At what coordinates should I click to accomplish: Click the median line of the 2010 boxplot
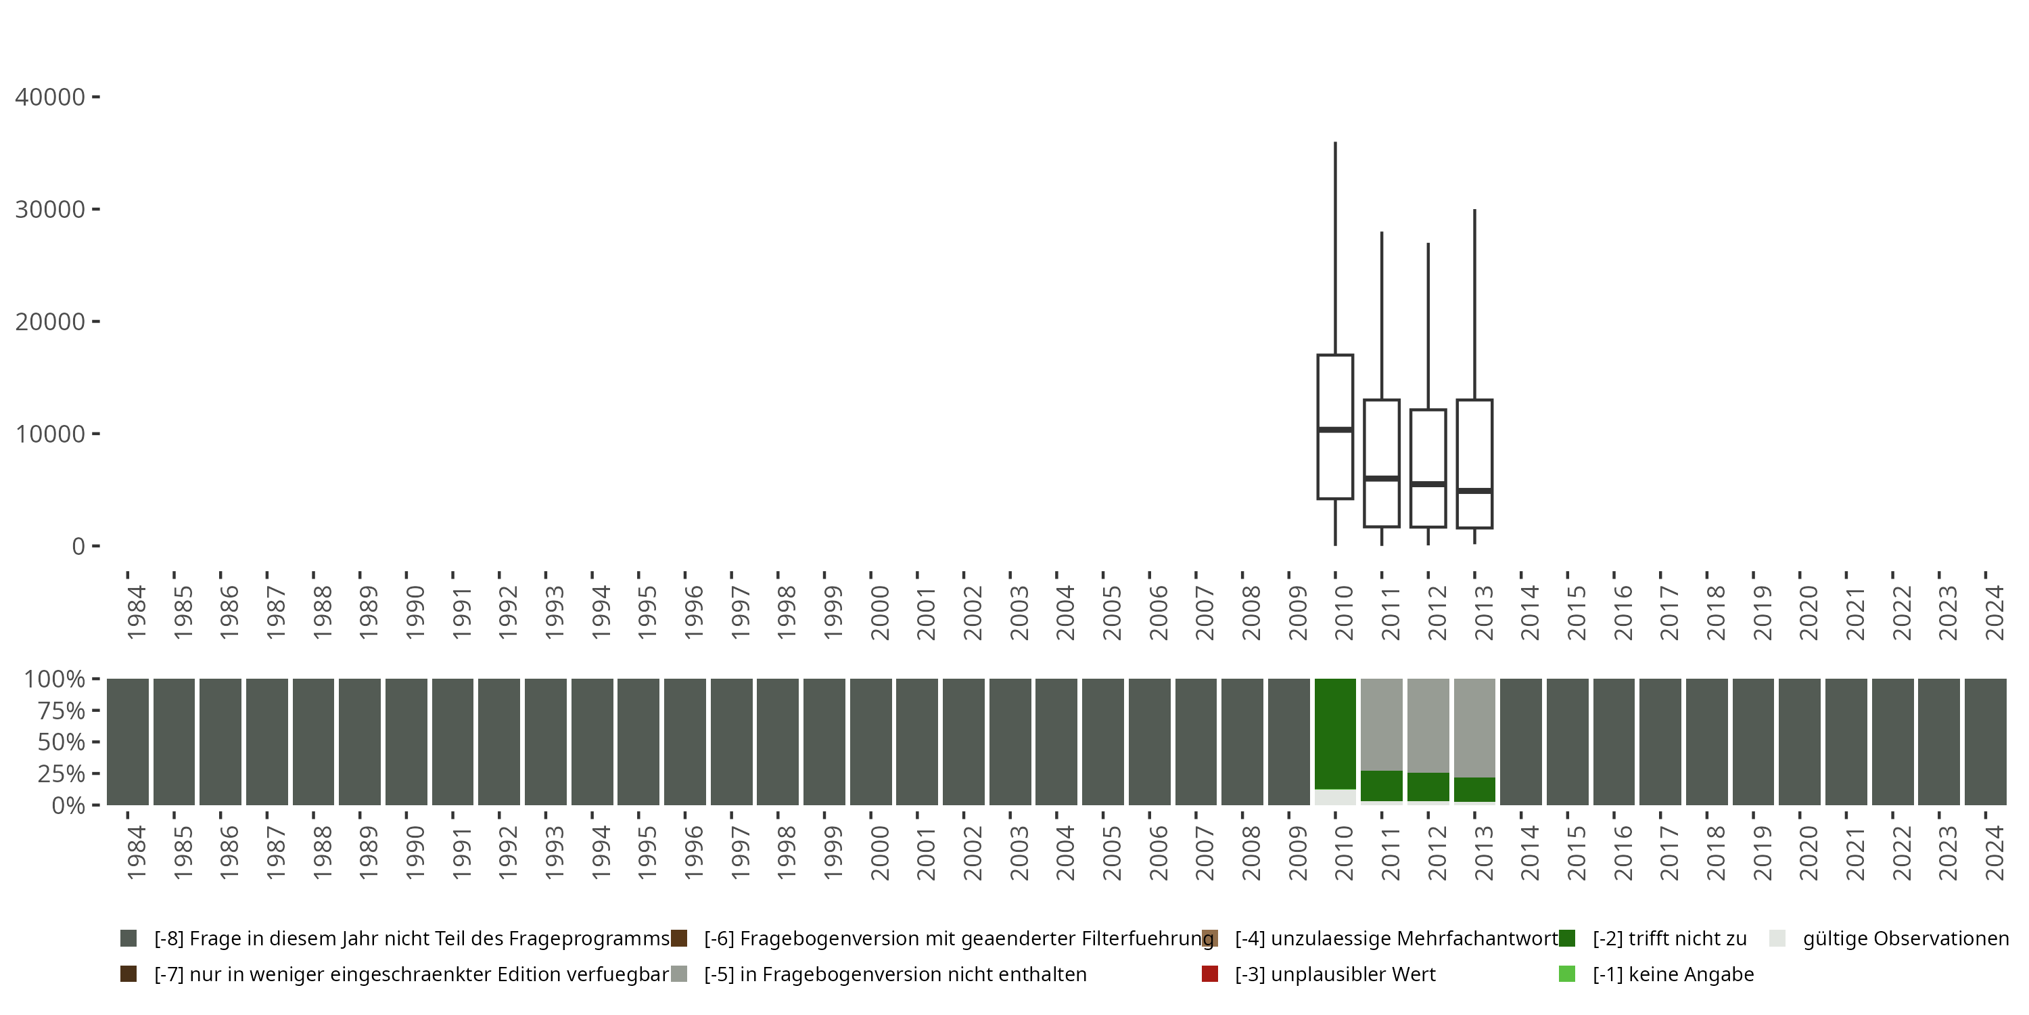coord(1335,430)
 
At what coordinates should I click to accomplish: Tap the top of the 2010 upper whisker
coord(1335,143)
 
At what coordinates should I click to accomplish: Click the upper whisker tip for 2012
coord(1428,244)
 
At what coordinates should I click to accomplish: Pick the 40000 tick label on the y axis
coord(49,97)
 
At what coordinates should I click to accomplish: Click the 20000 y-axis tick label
coord(49,321)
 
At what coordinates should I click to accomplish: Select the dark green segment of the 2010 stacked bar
coord(1335,733)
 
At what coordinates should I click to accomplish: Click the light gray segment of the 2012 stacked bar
coord(1428,725)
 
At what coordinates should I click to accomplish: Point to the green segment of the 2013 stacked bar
coord(1474,790)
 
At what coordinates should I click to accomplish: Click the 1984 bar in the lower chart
coord(128,742)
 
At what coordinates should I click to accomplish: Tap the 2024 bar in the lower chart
coord(1986,742)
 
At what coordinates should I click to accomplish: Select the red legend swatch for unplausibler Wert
coord(1210,974)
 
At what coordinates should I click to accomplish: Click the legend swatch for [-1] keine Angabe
coord(1566,974)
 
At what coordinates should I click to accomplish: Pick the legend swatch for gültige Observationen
coord(1777,939)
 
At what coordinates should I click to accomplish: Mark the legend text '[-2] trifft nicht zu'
coord(1669,939)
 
